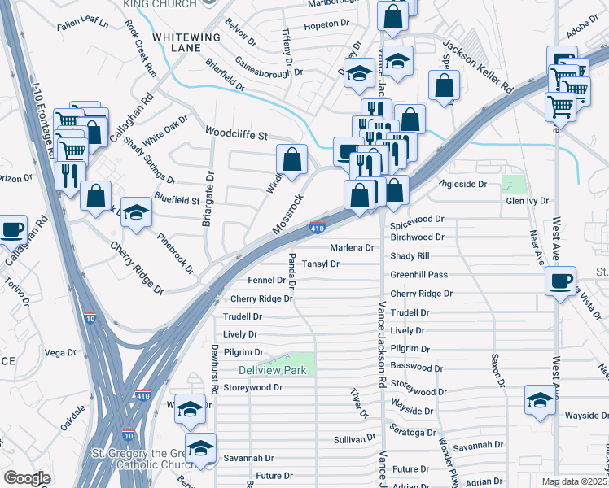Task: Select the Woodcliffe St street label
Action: point(236,131)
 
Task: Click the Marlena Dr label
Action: point(351,247)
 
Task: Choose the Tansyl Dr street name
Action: point(320,264)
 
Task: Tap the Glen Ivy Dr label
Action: point(527,200)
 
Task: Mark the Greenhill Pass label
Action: point(418,275)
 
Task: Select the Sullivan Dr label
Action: point(353,439)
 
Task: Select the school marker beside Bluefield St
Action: point(137,211)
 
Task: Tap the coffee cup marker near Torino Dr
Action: point(11,229)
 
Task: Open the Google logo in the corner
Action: point(27,478)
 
